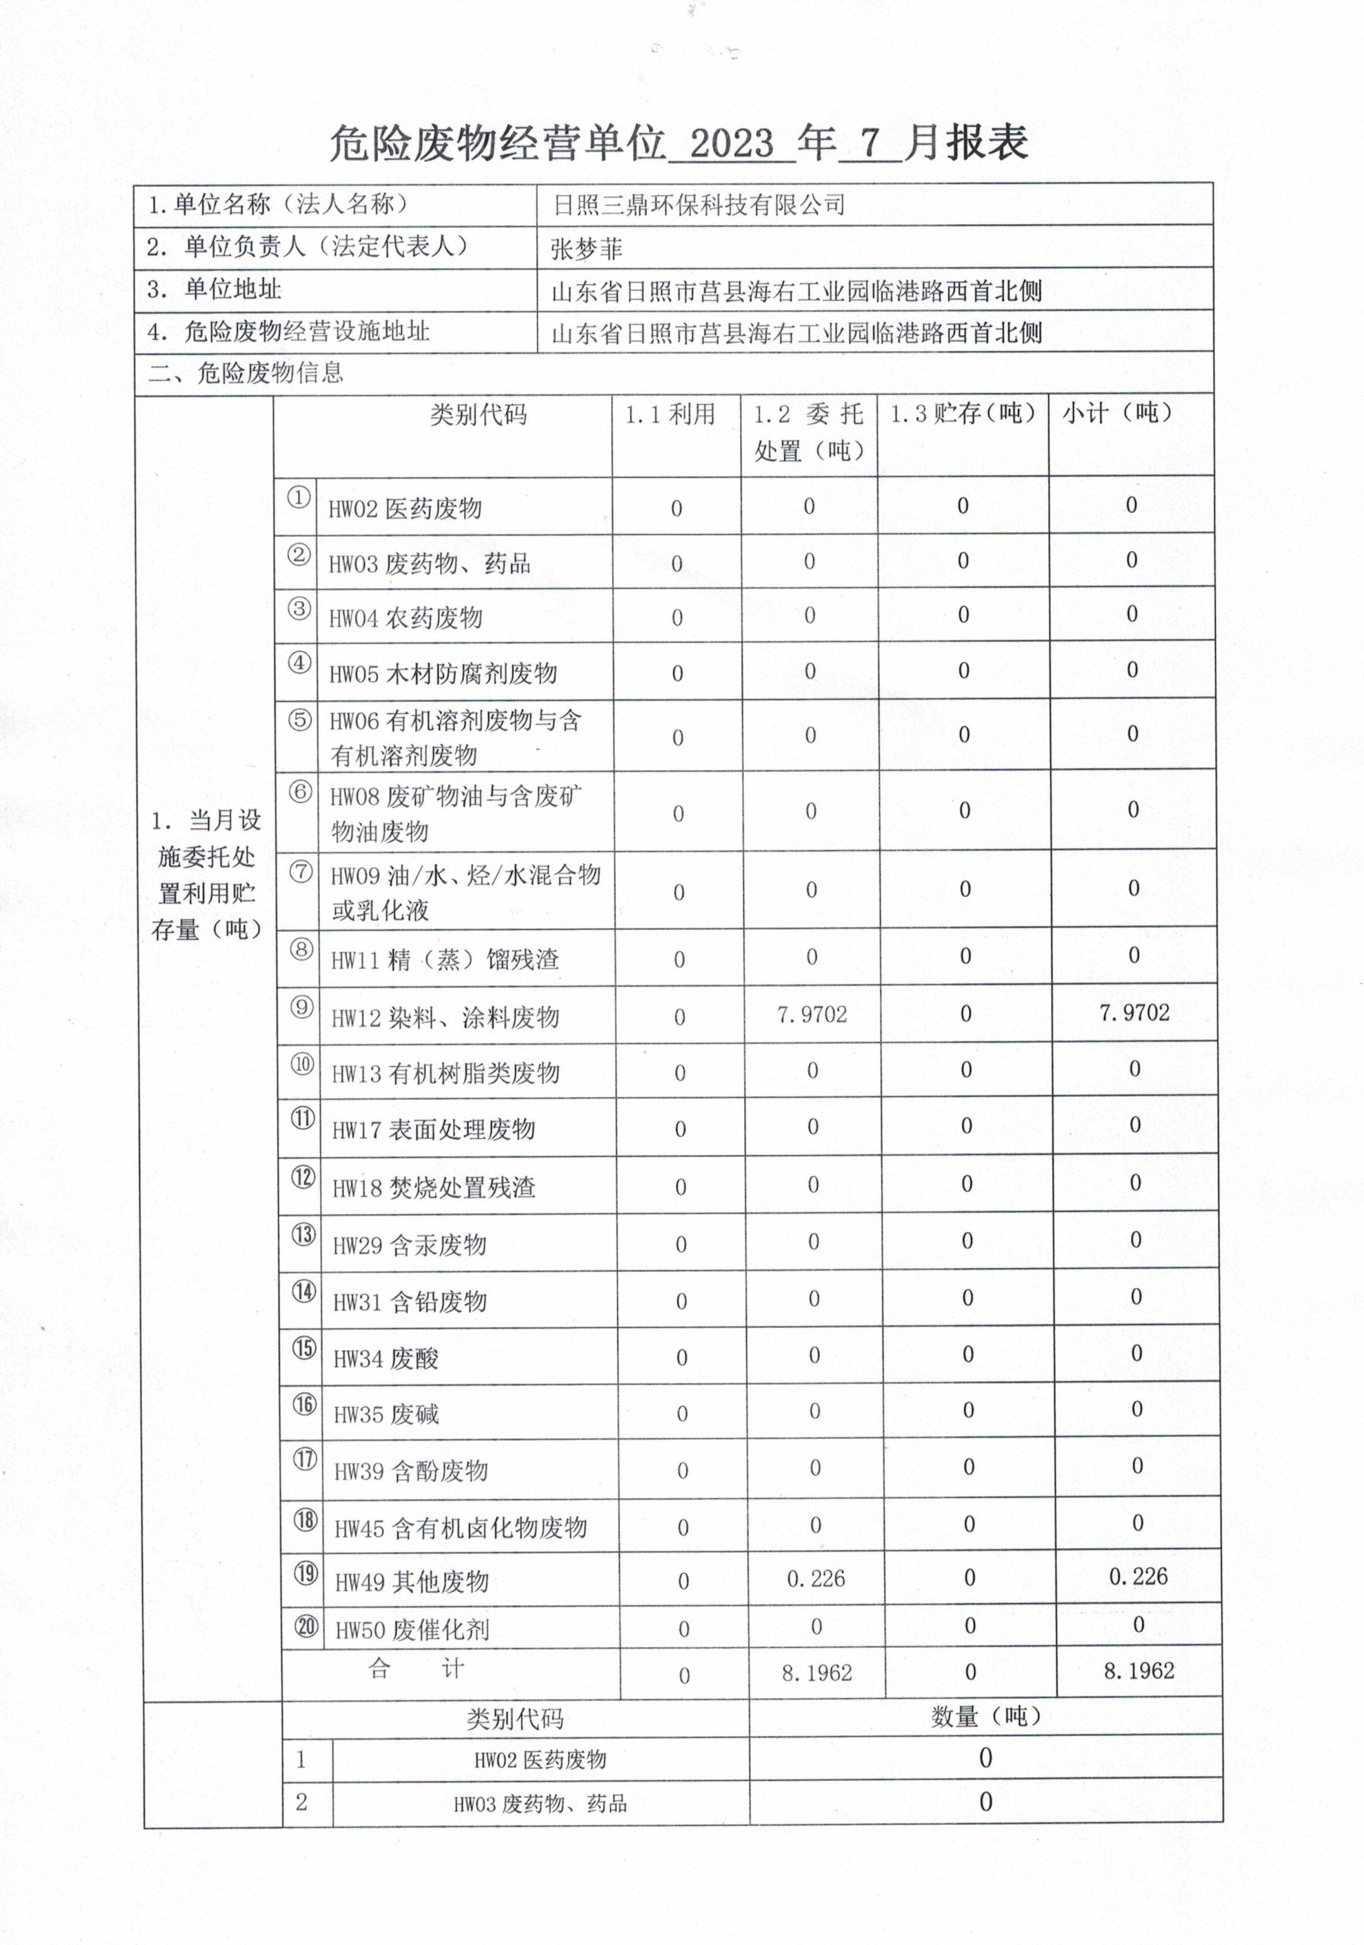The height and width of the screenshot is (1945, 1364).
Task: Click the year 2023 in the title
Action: (732, 144)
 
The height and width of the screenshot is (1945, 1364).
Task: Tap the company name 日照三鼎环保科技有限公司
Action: (699, 205)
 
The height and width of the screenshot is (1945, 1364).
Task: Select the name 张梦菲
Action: (587, 249)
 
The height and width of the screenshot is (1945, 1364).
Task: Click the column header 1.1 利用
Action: (670, 414)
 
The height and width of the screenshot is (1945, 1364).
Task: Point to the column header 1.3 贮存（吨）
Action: (963, 413)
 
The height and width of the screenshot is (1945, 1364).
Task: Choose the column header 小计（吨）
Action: (1118, 413)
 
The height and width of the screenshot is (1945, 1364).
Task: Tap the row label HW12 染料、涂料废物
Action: (445, 1017)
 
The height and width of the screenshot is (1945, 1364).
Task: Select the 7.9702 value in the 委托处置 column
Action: (812, 1014)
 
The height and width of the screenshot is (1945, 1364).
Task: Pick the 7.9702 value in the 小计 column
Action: (1134, 1012)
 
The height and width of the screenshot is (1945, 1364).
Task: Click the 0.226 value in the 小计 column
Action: (1138, 1577)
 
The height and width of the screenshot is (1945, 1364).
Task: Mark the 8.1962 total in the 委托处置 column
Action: (816, 1672)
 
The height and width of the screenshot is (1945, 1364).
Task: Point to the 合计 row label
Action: (415, 1669)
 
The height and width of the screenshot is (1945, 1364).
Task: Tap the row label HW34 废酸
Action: (385, 1358)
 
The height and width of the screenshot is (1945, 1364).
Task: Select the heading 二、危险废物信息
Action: (245, 373)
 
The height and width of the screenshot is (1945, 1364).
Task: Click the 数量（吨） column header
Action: (986, 1716)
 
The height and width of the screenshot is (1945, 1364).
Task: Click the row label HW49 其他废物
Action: (412, 1581)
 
